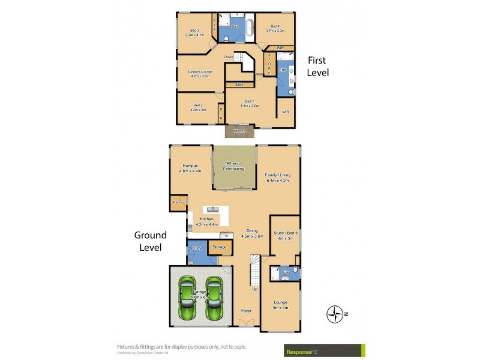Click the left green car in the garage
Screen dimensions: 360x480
point(187,298)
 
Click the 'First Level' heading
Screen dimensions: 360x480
point(318,66)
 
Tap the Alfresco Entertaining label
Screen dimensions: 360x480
point(234,166)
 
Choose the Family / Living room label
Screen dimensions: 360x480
point(278,177)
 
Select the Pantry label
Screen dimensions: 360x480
point(178,203)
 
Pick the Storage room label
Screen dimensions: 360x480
point(220,247)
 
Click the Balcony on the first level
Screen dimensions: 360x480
point(239,130)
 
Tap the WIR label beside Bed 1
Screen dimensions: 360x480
point(285,111)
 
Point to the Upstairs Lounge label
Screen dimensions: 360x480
point(198,74)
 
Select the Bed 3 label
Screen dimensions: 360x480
point(194,32)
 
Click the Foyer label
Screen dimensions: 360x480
point(246,311)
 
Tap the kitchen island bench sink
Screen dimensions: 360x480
point(211,209)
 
